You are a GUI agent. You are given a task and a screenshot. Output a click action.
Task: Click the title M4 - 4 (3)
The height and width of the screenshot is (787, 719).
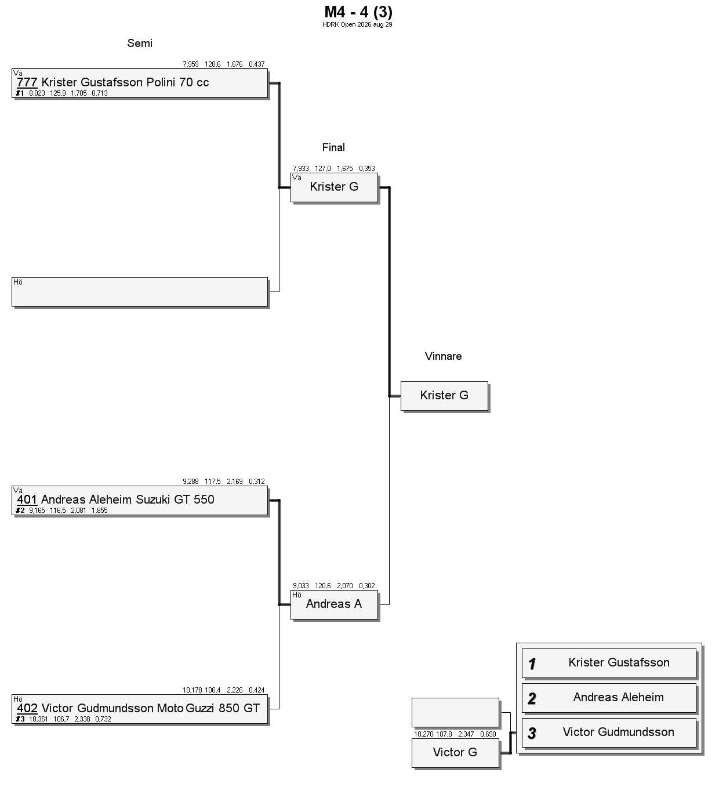[358, 12]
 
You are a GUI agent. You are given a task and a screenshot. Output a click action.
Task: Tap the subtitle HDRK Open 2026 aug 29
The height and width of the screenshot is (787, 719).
[357, 25]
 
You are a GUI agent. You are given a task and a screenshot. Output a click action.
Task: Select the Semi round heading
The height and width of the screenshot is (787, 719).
[140, 43]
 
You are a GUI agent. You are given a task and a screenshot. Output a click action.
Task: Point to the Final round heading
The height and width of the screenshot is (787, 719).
[333, 148]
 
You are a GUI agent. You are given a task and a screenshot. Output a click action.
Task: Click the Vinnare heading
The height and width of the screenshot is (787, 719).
[443, 356]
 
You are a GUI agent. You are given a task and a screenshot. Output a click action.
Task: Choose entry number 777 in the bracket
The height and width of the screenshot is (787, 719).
[27, 82]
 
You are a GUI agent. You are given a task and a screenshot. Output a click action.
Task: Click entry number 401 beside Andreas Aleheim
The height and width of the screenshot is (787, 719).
[27, 500]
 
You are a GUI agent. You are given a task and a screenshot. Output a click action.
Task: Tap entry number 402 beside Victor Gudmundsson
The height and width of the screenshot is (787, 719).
[27, 708]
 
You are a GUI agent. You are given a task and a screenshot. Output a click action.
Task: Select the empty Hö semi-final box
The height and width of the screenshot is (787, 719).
[140, 292]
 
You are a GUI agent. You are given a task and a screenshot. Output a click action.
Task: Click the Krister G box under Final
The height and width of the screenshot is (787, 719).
[334, 188]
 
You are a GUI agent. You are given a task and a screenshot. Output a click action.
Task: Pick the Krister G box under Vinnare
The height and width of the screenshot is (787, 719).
[444, 396]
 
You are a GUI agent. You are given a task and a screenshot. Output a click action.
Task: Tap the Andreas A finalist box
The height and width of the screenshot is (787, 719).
[334, 605]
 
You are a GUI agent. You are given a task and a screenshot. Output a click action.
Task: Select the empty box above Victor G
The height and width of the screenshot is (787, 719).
[455, 712]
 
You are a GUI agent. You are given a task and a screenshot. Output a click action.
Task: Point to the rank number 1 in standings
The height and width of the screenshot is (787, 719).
[532, 664]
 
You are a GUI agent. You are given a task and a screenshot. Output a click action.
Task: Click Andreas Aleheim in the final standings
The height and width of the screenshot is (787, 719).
[619, 697]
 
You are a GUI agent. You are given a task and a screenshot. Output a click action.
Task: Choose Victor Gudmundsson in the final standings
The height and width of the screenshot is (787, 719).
[619, 732]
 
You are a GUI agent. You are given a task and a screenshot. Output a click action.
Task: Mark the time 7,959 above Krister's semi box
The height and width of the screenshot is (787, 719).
[190, 64]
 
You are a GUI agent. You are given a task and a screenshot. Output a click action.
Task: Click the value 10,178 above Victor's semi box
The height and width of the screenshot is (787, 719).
[193, 690]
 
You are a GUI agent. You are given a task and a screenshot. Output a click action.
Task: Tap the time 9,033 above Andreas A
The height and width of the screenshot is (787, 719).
[301, 586]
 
